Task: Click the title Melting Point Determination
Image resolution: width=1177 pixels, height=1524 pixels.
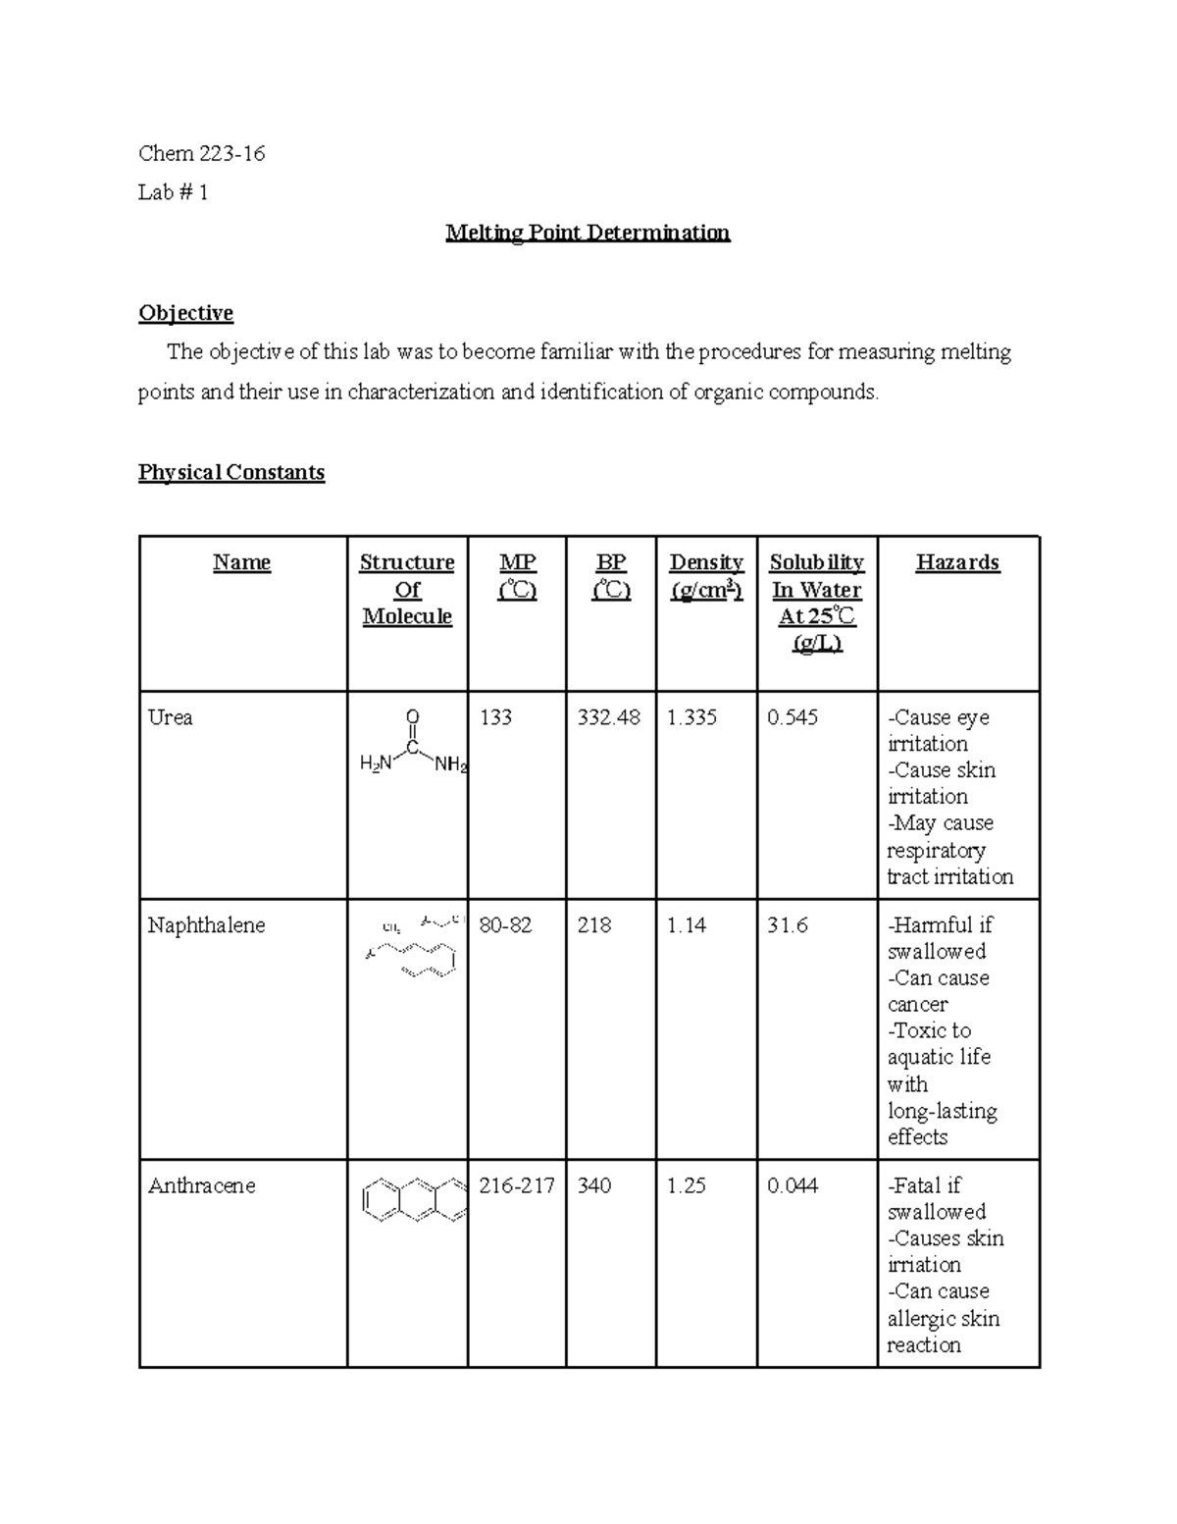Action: pos(588,233)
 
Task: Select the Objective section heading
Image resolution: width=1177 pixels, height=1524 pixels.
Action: pos(185,313)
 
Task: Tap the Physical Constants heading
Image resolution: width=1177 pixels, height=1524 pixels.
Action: pos(231,472)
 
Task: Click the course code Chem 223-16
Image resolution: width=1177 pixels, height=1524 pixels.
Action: pos(202,153)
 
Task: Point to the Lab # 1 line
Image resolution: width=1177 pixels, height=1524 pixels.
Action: pos(173,192)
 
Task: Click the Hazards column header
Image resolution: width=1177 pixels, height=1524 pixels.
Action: pos(957,562)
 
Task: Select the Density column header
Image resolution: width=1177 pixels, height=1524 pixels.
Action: pos(706,576)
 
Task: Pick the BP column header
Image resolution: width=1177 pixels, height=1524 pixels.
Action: pos(611,576)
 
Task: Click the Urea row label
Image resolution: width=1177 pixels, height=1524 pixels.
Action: pos(170,717)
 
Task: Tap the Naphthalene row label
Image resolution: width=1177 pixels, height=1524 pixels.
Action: pos(206,925)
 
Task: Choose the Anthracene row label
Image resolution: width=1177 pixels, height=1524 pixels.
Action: pos(201,1185)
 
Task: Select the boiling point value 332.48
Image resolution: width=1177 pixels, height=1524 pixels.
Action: pos(608,717)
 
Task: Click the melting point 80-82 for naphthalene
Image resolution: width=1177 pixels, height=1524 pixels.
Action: pos(505,925)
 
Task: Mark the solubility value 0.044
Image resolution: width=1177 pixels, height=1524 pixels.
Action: pos(793,1185)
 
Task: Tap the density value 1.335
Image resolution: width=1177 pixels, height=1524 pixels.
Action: pos(691,717)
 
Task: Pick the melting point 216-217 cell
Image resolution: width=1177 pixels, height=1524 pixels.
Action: pos(516,1185)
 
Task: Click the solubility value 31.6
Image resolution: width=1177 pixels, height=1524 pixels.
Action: pos(787,925)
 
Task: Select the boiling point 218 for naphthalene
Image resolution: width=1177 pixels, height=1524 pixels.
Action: pos(594,925)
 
